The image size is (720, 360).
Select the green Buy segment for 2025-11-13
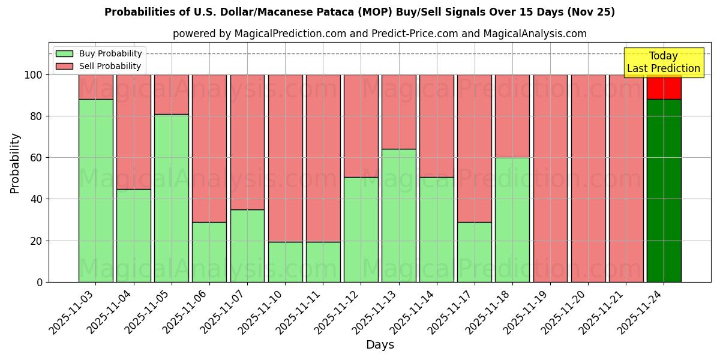[399, 215]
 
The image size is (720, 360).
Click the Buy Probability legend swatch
[64, 54]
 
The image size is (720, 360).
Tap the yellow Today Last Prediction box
[663, 62]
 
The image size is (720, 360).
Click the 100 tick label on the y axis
[33, 75]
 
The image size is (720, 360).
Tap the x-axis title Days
[380, 345]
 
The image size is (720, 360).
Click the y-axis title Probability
[15, 163]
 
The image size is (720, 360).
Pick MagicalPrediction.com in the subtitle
[294, 34]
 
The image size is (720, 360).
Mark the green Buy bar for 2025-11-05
[172, 198]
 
